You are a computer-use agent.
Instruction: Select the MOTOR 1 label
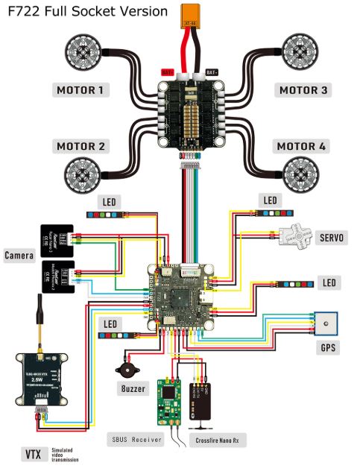coord(82,90)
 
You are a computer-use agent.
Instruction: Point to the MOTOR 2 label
coord(82,146)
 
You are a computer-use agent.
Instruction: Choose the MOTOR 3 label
coord(303,90)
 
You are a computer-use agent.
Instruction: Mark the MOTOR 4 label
coord(301,146)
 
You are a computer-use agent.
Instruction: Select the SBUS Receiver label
coord(135,440)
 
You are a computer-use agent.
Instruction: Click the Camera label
coord(19,256)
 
